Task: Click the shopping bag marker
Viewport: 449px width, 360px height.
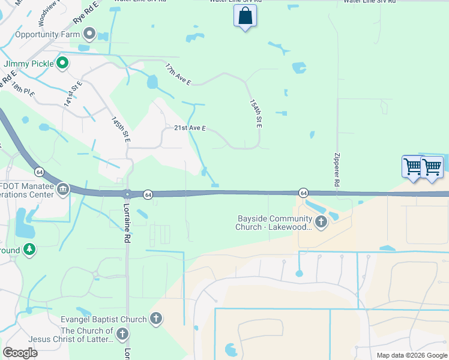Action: click(245, 16)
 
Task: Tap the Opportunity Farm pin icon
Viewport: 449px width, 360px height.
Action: click(90, 34)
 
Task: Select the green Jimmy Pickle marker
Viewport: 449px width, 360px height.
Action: click(62, 62)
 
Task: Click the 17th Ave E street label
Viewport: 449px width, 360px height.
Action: click(178, 75)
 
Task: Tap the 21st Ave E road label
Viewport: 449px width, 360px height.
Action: click(190, 128)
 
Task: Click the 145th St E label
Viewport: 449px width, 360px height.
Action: click(121, 130)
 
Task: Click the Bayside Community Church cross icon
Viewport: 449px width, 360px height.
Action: click(321, 223)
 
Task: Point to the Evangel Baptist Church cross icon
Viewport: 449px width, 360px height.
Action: click(156, 319)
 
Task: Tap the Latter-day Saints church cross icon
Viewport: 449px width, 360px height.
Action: click(122, 334)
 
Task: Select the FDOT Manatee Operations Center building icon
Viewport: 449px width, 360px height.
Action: click(62, 190)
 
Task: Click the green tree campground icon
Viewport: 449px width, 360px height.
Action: click(28, 249)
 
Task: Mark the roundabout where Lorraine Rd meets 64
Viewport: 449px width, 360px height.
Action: click(127, 194)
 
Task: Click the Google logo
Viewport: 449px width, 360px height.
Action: click(20, 352)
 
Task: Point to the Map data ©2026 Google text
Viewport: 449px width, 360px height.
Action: click(411, 355)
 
